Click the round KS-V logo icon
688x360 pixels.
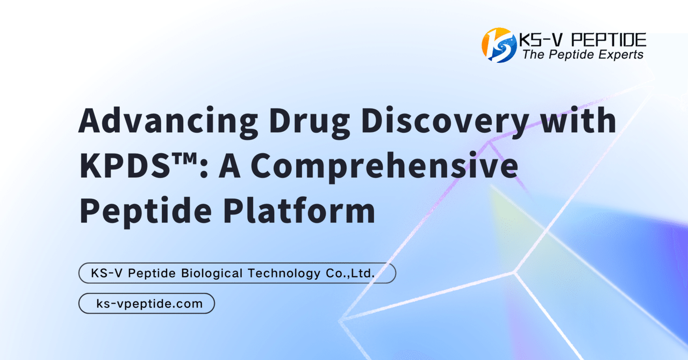(x=499, y=45)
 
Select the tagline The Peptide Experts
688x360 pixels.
(x=583, y=54)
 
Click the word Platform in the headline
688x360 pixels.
(x=299, y=212)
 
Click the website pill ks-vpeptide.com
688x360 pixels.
(x=147, y=304)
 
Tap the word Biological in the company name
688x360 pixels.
(x=212, y=273)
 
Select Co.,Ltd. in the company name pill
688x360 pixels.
(x=349, y=273)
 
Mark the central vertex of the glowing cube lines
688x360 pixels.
(x=515, y=271)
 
